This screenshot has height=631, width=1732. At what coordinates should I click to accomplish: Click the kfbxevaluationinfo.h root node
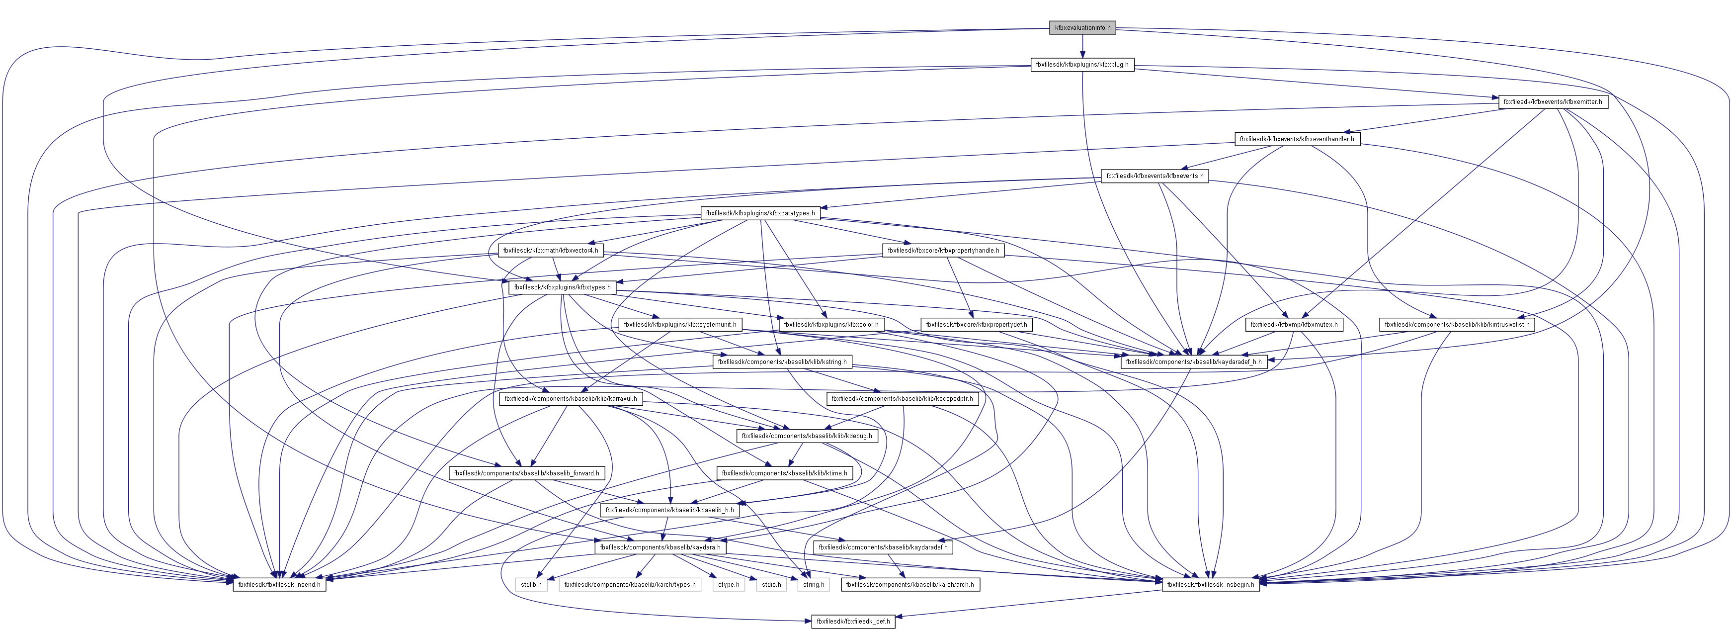[1082, 27]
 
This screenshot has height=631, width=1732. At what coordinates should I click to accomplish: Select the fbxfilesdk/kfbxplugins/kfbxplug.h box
[1082, 65]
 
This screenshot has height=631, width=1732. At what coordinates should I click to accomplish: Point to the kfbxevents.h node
[1155, 176]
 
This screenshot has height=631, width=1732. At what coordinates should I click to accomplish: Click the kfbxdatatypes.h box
[760, 213]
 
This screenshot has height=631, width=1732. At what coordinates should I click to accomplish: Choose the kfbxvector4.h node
[550, 250]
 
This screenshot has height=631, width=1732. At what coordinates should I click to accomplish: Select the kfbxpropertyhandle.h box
[943, 250]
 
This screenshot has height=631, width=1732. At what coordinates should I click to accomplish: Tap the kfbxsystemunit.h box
[680, 324]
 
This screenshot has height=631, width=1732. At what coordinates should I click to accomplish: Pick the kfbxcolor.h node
[830, 324]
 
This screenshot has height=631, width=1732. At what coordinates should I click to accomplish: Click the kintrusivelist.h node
[1456, 324]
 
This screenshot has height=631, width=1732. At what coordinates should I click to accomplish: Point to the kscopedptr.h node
[902, 399]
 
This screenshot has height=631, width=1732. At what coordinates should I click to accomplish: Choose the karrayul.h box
[570, 399]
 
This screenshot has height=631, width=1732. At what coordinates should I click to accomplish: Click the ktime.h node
[784, 473]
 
